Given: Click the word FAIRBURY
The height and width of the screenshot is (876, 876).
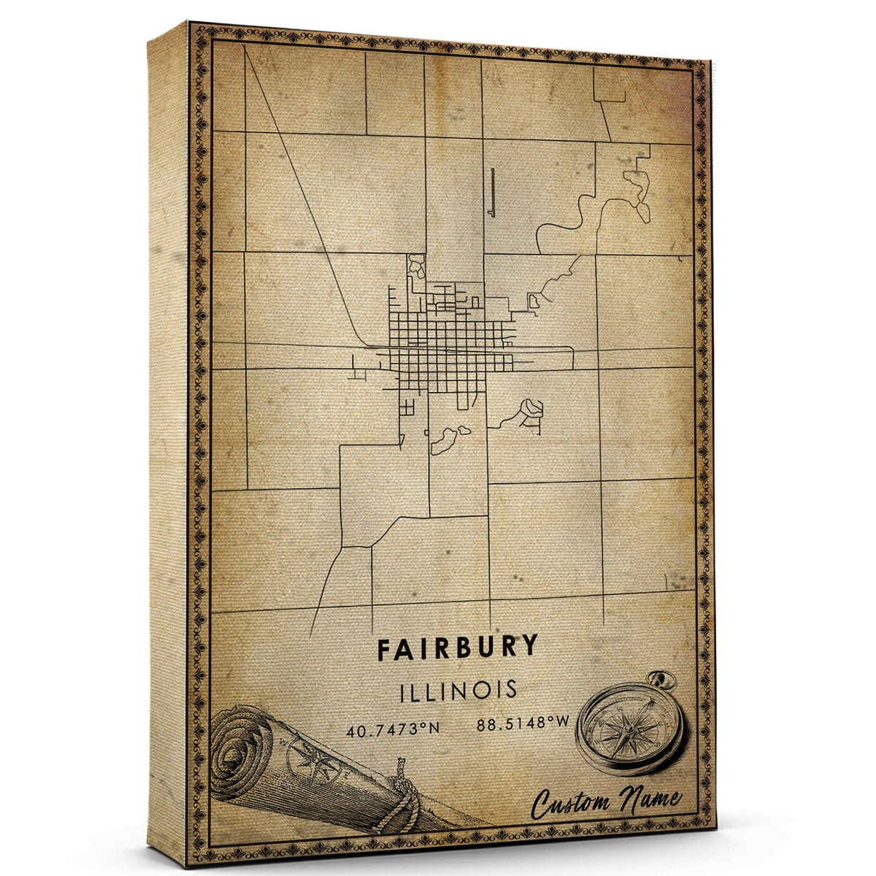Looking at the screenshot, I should [458, 647].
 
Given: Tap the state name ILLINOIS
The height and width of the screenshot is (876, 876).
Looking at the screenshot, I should [458, 690].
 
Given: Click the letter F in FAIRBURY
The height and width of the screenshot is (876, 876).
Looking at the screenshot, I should [385, 648].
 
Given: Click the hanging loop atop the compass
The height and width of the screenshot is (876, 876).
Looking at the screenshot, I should [664, 681].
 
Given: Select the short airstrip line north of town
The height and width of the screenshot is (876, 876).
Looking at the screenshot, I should [492, 191].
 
